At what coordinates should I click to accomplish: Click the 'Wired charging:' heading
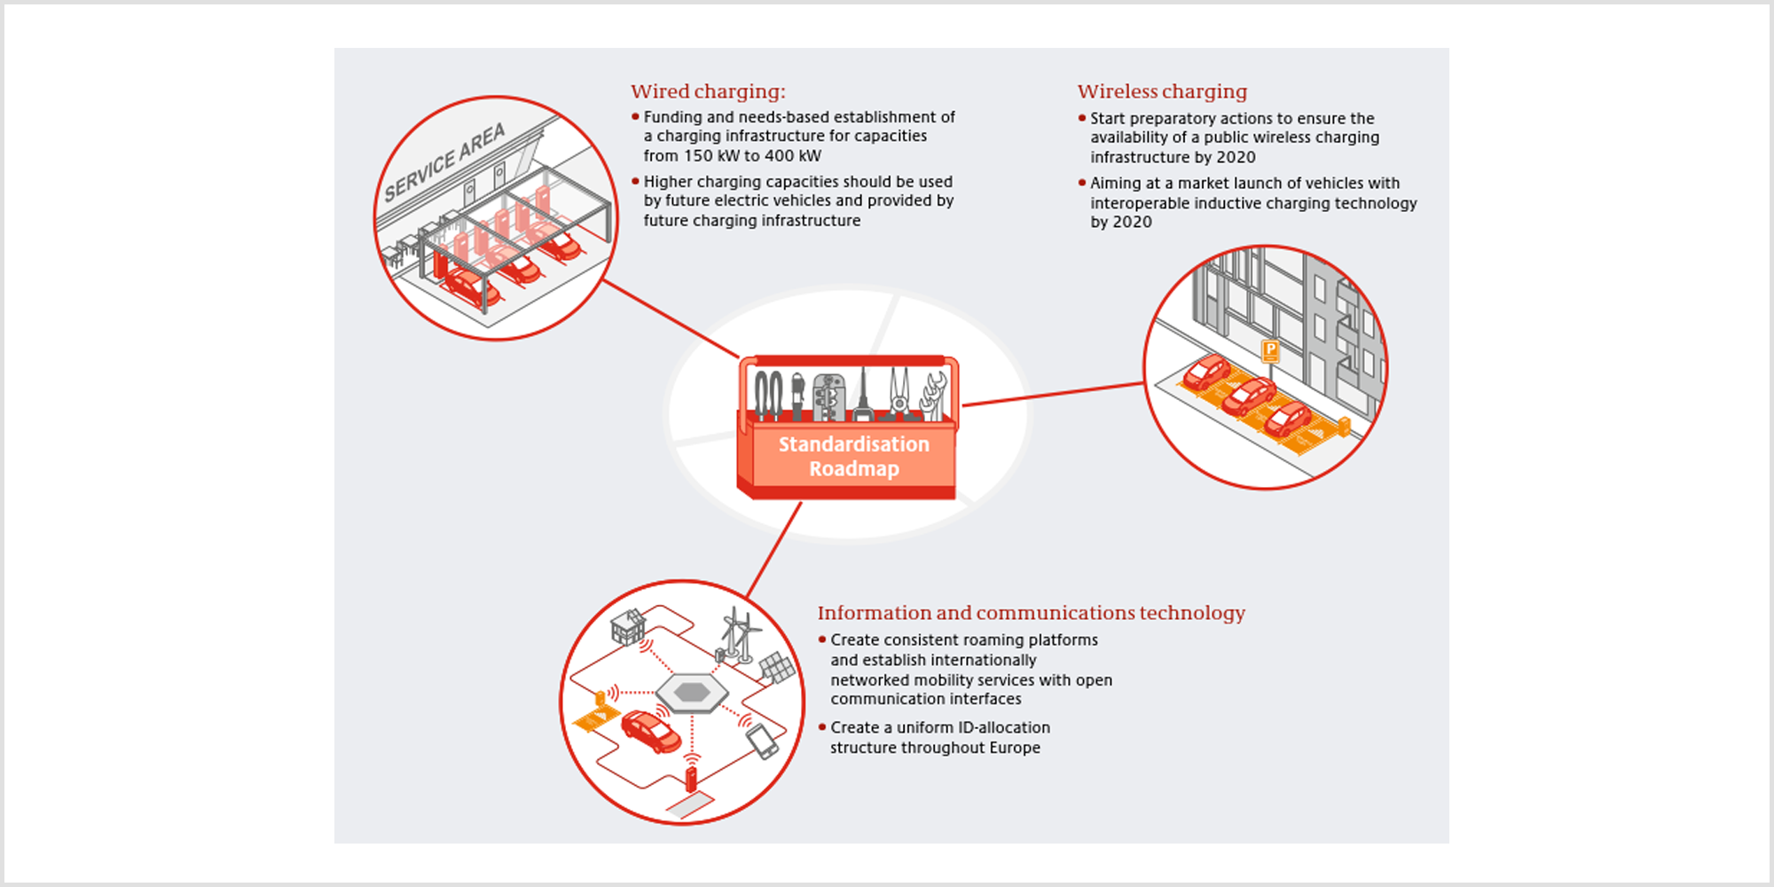tap(708, 92)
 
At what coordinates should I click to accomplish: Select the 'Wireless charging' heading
tap(1162, 92)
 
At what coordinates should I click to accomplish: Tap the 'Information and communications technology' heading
tap(1032, 613)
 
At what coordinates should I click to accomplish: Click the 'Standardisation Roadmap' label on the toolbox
tap(854, 456)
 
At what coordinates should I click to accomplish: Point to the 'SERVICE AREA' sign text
tap(444, 162)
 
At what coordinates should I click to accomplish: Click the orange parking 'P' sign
tap(1270, 351)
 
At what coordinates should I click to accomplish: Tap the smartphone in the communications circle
tap(762, 742)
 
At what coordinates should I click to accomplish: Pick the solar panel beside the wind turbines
tap(777, 668)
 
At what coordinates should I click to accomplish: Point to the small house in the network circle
tap(628, 627)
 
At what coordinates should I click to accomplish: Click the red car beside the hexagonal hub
tap(651, 731)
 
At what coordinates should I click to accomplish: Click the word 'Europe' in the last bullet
tap(1015, 748)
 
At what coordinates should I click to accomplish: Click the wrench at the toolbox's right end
tap(935, 396)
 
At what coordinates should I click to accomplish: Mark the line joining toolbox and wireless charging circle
tap(1054, 395)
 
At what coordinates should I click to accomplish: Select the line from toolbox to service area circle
tap(671, 319)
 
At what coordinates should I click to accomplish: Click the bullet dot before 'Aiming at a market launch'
tap(1082, 183)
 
